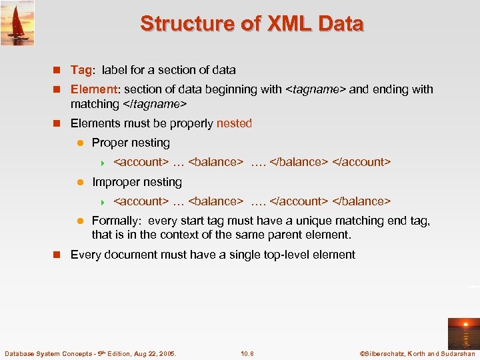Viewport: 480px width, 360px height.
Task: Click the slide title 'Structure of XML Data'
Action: [252, 24]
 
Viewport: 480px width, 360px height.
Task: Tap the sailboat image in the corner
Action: [17, 23]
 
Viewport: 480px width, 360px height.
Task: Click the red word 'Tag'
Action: [81, 70]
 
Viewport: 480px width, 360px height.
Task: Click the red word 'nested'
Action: [234, 123]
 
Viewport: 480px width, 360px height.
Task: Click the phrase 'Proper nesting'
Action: [131, 143]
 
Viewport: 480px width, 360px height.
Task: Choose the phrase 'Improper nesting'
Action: [137, 182]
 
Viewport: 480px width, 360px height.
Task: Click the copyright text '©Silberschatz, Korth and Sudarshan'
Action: [417, 353]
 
